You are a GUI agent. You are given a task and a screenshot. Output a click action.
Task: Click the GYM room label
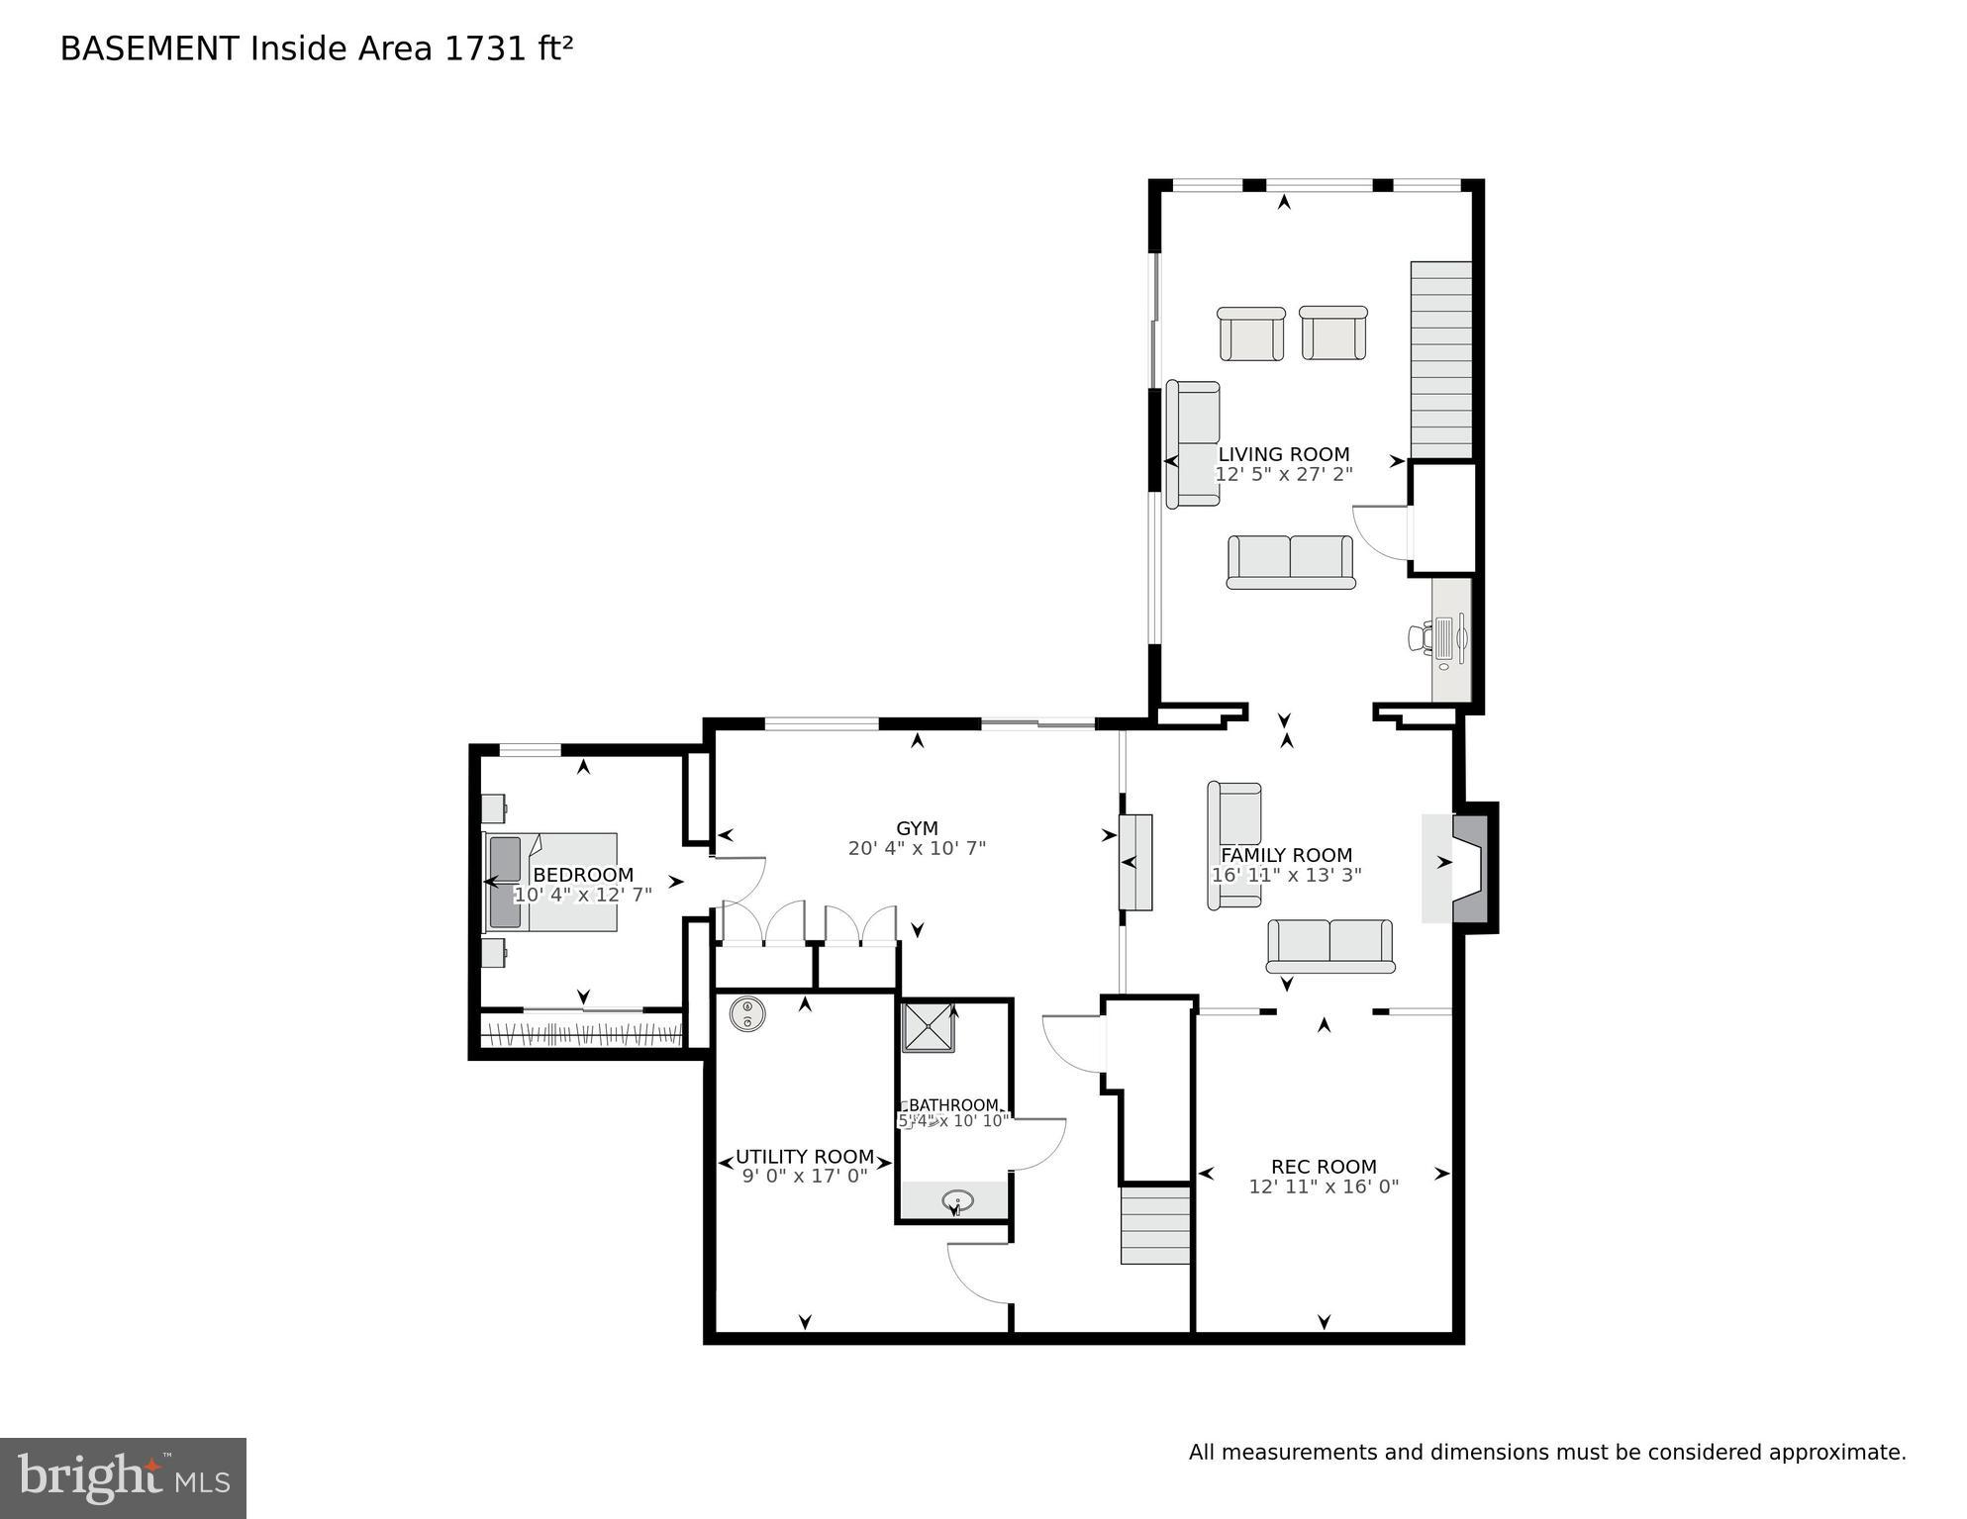917,828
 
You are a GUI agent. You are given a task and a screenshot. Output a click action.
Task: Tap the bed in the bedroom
550,881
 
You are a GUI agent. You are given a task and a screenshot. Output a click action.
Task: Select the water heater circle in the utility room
747,1013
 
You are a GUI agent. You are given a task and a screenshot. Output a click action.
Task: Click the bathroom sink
957,1201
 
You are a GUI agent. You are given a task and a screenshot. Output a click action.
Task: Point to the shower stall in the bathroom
928,1027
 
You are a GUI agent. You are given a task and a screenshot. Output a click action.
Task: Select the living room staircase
1440,359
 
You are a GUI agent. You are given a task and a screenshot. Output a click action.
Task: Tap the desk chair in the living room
1421,637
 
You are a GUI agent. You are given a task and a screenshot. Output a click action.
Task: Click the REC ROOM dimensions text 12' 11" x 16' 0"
1324,1187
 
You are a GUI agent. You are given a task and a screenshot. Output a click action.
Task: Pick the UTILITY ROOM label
804,1157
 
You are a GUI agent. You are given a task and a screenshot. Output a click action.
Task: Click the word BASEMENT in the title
149,48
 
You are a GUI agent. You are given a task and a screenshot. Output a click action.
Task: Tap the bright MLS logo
123,1478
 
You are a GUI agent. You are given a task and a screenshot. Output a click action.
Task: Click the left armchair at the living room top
1250,333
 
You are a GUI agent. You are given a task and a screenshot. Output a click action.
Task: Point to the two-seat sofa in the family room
1329,946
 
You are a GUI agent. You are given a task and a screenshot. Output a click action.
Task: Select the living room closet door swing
1379,532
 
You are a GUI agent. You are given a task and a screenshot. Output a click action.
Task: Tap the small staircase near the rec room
1154,1226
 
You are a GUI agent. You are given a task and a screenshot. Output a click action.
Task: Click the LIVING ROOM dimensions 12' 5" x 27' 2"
1284,474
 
